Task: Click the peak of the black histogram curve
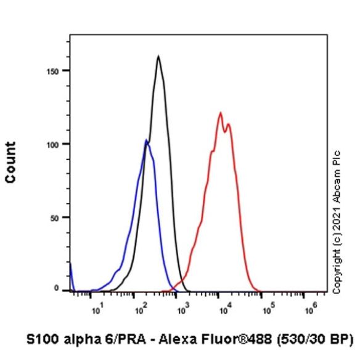[x=158, y=56]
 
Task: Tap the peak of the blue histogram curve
[x=146, y=139]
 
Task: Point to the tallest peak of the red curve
[x=221, y=112]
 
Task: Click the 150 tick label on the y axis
[x=53, y=72]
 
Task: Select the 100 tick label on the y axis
[x=53, y=145]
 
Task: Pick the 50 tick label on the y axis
[x=55, y=218]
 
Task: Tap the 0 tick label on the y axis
[x=57, y=288]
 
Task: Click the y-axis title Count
[x=10, y=163]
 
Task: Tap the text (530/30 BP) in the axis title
[x=315, y=340]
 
